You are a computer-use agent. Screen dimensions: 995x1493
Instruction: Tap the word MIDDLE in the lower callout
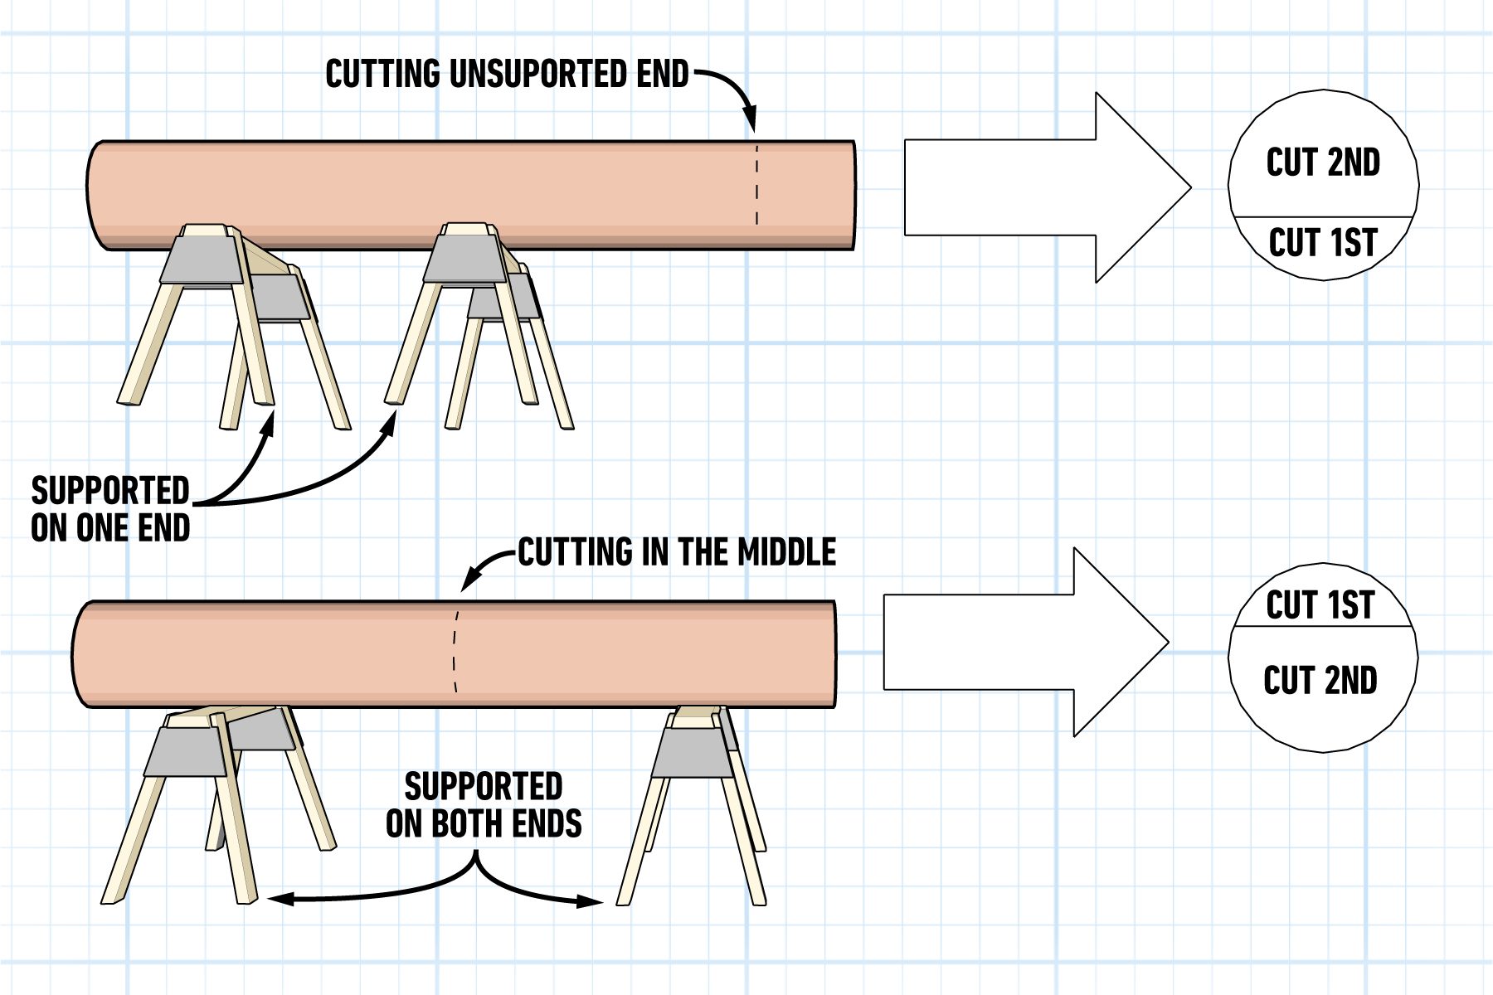(786, 552)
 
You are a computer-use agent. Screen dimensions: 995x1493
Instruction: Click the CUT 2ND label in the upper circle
(1323, 163)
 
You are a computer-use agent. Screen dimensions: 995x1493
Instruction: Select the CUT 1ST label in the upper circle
(1323, 243)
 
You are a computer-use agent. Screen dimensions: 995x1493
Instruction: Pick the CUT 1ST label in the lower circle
(1320, 605)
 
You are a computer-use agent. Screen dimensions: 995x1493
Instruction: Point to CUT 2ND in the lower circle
(1320, 681)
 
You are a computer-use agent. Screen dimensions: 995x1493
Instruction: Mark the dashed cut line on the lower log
(455, 651)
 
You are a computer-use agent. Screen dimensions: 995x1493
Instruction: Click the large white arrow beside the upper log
(1045, 187)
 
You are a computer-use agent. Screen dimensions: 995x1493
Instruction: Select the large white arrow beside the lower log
(1024, 642)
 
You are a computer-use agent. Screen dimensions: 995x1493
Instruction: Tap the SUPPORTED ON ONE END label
(110, 509)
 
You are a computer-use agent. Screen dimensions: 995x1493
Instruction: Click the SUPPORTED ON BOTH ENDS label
(484, 804)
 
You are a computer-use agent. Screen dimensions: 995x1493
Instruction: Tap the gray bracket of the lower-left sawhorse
(185, 751)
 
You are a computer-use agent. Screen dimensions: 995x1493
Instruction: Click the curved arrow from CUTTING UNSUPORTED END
(734, 87)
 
